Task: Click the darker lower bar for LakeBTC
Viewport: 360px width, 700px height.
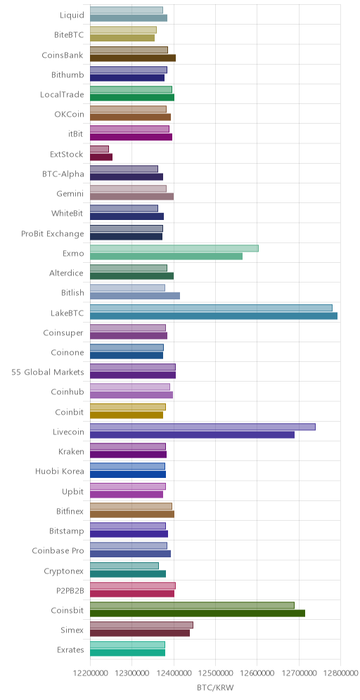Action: point(214,316)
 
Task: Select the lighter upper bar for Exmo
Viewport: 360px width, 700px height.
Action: point(174,248)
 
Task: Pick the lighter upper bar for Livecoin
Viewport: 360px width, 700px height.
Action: point(202,427)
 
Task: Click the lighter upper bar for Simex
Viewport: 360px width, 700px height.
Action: point(141,625)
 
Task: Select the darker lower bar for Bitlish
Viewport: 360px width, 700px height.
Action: point(135,296)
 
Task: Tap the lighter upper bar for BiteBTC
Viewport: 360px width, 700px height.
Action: point(123,30)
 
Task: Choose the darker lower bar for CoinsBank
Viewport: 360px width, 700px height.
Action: point(133,58)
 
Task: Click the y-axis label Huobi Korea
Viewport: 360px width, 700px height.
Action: point(59,471)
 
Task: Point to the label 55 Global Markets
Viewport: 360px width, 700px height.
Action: point(48,372)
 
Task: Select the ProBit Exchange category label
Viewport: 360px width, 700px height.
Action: point(52,233)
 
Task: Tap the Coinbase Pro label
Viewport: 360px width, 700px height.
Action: point(58,550)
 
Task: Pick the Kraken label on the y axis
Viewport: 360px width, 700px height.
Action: point(71,451)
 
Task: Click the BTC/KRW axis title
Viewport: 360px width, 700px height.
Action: point(215,688)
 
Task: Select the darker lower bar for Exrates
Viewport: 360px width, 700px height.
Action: point(128,653)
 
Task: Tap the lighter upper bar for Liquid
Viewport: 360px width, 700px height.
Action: point(127,10)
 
